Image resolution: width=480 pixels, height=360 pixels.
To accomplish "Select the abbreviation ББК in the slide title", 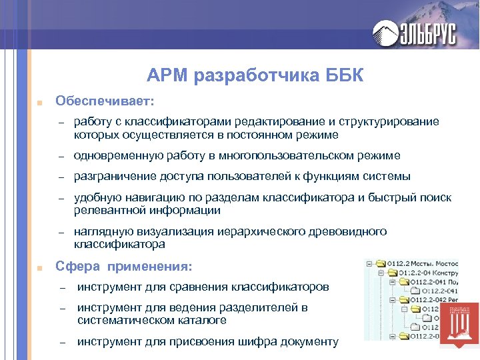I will (x=345, y=76).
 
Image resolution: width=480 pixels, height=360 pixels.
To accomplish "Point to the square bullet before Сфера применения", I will (x=40, y=269).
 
